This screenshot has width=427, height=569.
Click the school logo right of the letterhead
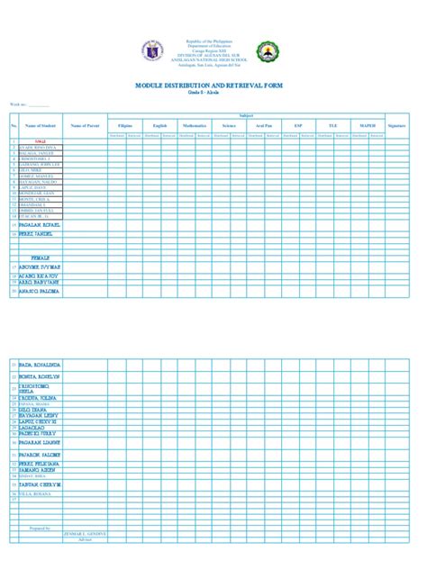267,52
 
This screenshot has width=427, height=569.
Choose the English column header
159,125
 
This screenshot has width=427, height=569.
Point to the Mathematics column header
195,125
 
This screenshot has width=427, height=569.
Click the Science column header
230,125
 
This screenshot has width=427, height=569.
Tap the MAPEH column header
368,125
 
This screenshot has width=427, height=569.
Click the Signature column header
396,125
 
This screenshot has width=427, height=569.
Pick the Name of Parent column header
84,125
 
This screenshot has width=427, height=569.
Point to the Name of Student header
40,125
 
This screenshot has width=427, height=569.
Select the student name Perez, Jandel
36,233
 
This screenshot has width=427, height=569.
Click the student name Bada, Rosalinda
40,365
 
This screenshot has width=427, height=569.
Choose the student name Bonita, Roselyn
40,376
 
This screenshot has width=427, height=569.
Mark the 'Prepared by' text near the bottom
40,528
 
